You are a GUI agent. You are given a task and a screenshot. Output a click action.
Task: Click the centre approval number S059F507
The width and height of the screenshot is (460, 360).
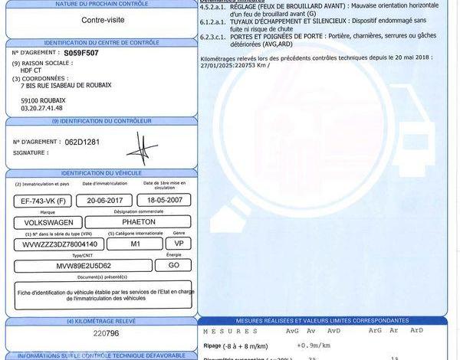81,54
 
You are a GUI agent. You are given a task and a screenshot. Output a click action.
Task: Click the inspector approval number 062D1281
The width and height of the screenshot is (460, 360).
80,141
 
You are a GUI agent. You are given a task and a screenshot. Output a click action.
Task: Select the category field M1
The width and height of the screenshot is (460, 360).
134,244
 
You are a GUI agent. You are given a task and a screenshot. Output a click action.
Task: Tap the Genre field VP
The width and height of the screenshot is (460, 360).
179,244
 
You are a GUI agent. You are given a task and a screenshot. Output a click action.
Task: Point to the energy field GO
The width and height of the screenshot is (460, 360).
173,265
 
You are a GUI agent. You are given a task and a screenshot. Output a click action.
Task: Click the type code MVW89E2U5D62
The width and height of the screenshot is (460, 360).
83,265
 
